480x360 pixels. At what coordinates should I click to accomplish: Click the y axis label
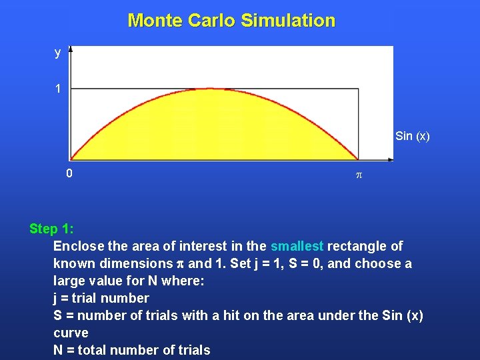[x=58, y=53]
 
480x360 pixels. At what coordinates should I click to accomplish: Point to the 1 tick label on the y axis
[x=58, y=89]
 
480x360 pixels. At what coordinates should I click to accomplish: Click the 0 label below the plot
[x=69, y=174]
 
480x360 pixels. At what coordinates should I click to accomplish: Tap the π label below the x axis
[x=358, y=175]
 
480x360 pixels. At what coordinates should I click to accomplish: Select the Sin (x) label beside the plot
[x=412, y=137]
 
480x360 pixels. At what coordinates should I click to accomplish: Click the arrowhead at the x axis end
[x=390, y=159]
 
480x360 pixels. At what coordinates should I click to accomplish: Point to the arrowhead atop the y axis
[x=71, y=49]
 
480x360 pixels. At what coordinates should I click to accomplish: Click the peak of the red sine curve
[x=214, y=89]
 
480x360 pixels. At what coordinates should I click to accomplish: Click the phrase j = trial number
[x=101, y=298]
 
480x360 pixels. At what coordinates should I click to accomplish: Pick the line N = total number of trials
[x=132, y=350]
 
